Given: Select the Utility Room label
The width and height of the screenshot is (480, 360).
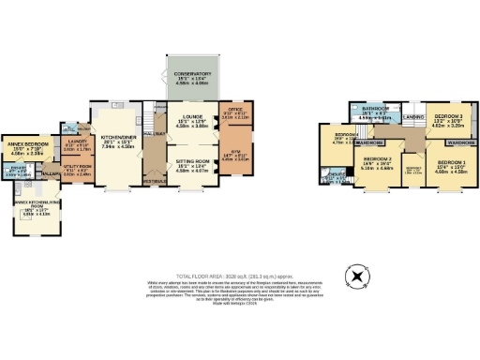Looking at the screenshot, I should (76, 170).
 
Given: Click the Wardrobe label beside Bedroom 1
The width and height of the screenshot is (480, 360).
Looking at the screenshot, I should (459, 142).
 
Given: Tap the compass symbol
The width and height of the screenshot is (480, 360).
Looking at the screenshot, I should (355, 277).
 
